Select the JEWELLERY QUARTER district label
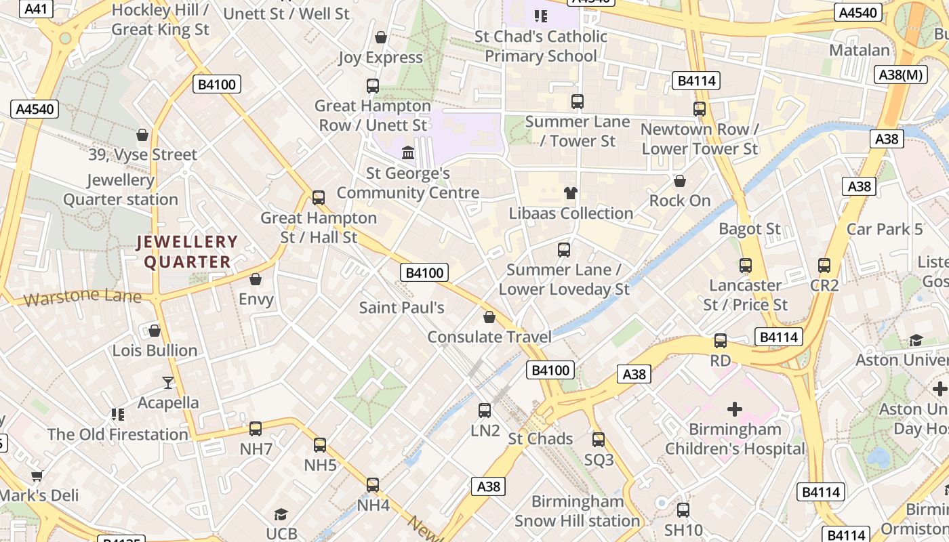click(187, 252)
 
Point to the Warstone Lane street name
click(82, 297)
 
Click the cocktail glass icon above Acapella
click(167, 383)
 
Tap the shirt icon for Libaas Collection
click(571, 193)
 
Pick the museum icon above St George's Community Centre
click(408, 153)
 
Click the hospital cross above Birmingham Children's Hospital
click(734, 409)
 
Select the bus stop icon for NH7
click(256, 429)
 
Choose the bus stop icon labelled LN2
click(485, 411)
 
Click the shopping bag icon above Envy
click(256, 279)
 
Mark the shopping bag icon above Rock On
click(680, 181)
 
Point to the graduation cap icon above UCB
click(281, 515)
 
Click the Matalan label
click(860, 50)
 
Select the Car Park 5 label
click(884, 229)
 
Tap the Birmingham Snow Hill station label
click(577, 512)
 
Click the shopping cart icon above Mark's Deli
click(37, 476)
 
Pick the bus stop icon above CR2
click(824, 266)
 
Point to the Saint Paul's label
click(401, 308)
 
